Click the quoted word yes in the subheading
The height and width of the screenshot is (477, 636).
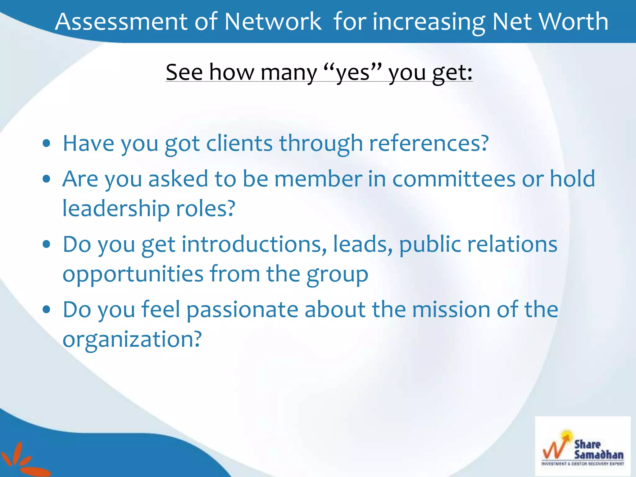pos(353,73)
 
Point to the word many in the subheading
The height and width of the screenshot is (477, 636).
pos(289,73)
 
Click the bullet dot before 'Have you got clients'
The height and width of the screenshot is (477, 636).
pos(47,143)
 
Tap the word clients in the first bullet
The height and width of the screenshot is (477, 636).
pos(239,143)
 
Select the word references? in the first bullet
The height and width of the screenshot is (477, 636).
pos(429,143)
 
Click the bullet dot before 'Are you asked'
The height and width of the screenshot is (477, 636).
pos(47,179)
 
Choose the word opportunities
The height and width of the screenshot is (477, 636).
pos(133,274)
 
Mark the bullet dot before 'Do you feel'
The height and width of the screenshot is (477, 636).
pos(47,310)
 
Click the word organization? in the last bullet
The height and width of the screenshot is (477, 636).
pos(132,339)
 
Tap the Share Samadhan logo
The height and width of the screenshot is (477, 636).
pos(583,446)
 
